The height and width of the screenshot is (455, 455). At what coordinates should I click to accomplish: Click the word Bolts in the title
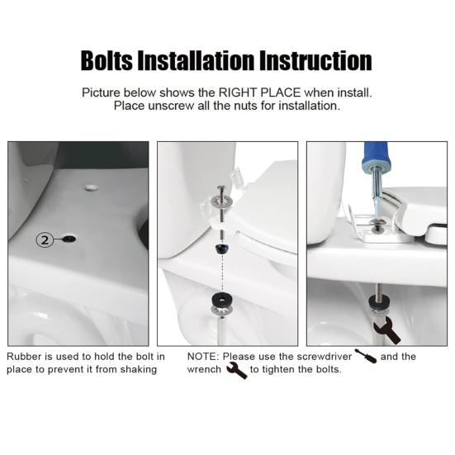coord(107,60)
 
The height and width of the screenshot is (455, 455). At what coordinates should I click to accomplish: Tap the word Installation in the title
coord(196,60)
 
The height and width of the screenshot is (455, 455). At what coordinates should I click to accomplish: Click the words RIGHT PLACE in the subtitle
coord(260,92)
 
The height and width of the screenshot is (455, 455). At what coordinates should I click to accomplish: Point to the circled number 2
coord(45,240)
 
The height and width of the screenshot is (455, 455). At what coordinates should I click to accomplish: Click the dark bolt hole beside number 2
coord(69,239)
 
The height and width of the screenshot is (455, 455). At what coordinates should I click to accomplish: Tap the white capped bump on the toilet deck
coord(91,187)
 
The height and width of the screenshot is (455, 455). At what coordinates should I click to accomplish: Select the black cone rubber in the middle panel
coord(222,249)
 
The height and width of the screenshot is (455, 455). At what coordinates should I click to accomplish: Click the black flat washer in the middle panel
coord(222,299)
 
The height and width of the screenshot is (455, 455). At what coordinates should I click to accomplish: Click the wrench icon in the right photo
coord(386,330)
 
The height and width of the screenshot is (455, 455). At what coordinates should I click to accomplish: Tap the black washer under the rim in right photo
coord(379,301)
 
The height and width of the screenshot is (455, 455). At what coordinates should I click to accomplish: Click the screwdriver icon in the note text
coord(366,356)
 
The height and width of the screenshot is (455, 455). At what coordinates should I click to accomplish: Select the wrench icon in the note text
coord(236,370)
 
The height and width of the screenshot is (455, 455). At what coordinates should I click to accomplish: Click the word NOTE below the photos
coord(202,357)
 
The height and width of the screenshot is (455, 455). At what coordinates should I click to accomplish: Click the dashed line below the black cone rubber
coord(222,273)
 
